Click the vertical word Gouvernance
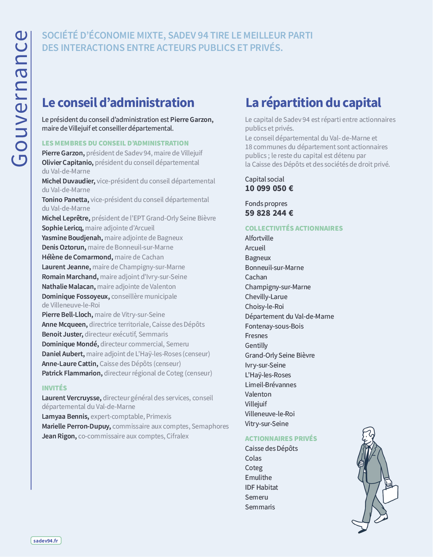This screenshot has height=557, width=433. click(20, 98)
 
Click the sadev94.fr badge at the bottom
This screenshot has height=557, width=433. click(46, 541)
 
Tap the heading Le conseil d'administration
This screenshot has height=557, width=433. click(118, 103)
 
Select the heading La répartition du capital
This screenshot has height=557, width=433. click(313, 103)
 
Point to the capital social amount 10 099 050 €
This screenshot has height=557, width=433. click(269, 188)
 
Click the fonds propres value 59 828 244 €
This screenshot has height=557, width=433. click(269, 213)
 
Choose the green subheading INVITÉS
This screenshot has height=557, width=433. click(54, 388)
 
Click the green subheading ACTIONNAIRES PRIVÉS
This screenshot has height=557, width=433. click(281, 438)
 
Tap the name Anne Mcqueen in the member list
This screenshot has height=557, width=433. click(64, 325)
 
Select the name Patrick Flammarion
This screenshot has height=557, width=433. click(72, 373)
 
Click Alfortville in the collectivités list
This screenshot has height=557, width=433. click(259, 238)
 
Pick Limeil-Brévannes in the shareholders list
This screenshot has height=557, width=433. click(270, 385)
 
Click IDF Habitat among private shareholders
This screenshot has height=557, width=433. click(261, 488)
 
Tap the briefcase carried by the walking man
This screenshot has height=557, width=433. click(390, 494)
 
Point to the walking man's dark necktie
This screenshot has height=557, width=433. click(368, 455)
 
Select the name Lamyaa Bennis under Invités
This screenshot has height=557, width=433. click(65, 417)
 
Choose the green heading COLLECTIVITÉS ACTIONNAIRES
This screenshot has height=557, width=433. click(294, 228)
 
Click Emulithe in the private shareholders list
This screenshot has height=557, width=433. click(258, 478)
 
